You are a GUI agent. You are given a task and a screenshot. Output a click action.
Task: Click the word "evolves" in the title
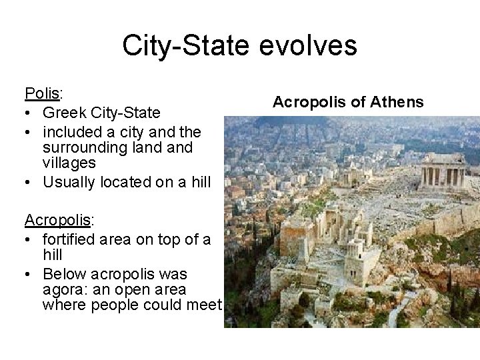(x=313, y=46)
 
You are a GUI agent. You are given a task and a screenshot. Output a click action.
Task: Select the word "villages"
(x=69, y=163)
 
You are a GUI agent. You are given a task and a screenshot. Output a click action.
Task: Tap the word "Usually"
(x=69, y=182)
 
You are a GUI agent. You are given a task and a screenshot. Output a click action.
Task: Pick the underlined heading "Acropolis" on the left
(x=57, y=219)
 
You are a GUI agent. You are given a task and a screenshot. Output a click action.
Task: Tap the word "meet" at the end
(x=203, y=306)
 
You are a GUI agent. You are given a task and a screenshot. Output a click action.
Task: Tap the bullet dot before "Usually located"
(x=29, y=183)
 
